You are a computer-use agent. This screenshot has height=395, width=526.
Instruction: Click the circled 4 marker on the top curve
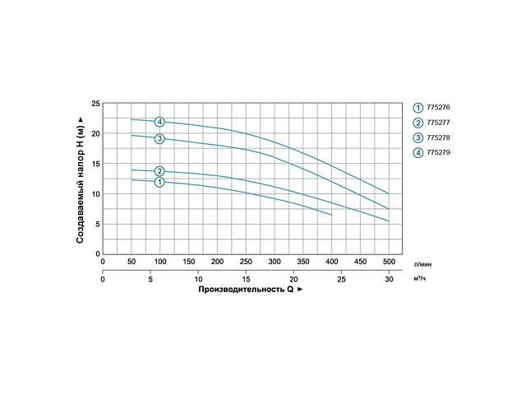(x=159, y=122)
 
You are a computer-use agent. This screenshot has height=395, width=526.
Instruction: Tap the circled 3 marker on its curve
(x=159, y=138)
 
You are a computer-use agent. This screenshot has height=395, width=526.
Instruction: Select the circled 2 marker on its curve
(x=159, y=171)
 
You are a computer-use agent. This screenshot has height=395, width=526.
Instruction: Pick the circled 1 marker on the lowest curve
(x=159, y=182)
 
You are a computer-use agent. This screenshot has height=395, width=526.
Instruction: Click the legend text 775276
(x=439, y=107)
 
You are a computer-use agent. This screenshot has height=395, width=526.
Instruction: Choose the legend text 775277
(x=439, y=122)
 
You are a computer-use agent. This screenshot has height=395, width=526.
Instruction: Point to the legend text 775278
(x=439, y=137)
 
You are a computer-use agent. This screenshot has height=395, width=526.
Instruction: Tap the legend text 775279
(x=439, y=152)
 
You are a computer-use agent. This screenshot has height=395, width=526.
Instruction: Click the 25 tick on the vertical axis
(x=95, y=103)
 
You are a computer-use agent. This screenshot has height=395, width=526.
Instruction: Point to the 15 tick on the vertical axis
(x=95, y=164)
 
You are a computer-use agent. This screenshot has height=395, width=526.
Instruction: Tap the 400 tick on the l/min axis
(x=331, y=262)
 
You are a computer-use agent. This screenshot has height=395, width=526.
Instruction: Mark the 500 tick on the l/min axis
(x=389, y=262)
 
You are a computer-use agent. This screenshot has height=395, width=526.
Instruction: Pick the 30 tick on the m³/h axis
(x=389, y=279)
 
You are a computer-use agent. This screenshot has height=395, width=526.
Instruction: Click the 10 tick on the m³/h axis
(x=198, y=279)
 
